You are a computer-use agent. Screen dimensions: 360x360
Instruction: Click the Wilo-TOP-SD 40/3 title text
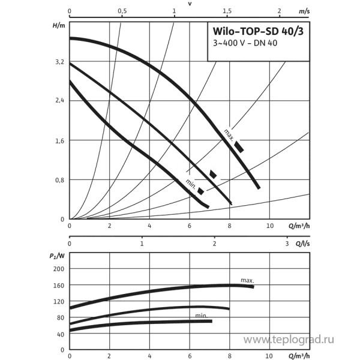(x=258, y=31)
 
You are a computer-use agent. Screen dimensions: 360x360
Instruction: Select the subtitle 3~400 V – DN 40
(x=245, y=43)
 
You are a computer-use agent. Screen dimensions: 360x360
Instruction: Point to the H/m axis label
(x=59, y=25)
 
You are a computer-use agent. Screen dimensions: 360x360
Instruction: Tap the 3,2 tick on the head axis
(x=59, y=62)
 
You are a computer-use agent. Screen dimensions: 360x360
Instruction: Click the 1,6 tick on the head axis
(x=59, y=141)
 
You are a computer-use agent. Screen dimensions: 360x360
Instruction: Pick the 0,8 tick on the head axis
(x=59, y=180)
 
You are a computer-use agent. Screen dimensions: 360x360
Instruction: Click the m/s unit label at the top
(x=304, y=11)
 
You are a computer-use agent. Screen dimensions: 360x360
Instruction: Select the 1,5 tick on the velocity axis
(x=227, y=11)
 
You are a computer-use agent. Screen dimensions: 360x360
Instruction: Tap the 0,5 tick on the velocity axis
(x=122, y=11)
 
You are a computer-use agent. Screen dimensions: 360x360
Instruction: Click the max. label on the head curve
(x=229, y=135)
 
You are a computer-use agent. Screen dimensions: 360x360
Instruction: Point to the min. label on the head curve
(x=191, y=184)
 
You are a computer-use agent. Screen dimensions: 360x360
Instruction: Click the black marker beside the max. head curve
(x=239, y=147)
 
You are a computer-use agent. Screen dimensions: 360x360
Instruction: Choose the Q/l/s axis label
(x=302, y=244)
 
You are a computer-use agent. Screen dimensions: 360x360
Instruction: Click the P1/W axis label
(x=57, y=256)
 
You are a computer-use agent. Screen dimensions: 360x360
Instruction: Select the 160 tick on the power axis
(x=59, y=285)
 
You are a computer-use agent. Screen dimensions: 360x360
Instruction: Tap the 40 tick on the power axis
(x=61, y=334)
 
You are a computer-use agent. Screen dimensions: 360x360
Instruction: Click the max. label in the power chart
(x=247, y=280)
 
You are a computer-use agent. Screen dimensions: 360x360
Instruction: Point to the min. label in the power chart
(x=201, y=316)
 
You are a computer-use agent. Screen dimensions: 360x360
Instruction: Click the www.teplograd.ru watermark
(x=289, y=340)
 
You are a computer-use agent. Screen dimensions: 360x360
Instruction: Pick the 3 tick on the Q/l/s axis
(x=287, y=244)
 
